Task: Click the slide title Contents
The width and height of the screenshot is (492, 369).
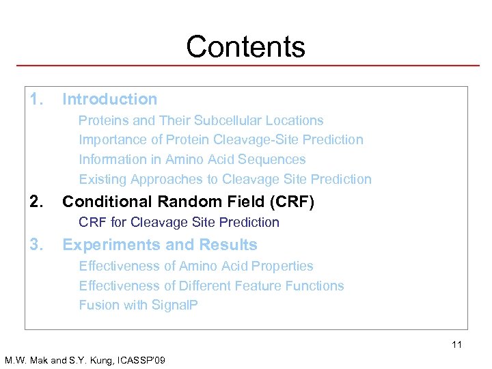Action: (245, 47)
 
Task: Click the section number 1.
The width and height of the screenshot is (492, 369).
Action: (36, 100)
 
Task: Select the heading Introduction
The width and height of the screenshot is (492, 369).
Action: (109, 100)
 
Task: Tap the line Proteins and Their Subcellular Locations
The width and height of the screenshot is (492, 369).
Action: (201, 120)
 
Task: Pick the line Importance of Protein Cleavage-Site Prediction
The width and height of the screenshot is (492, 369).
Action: (221, 140)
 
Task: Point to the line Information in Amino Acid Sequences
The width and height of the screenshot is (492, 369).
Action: (192, 159)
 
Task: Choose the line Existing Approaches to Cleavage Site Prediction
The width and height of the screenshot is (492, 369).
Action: (225, 179)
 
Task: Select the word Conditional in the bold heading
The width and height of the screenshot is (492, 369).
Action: (106, 202)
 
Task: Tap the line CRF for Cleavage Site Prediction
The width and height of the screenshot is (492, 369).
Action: (179, 222)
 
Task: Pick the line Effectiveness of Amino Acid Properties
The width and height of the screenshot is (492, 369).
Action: (195, 266)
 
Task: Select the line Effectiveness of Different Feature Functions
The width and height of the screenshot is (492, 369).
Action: (211, 286)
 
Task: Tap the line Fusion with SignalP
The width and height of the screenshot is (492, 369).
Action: (138, 305)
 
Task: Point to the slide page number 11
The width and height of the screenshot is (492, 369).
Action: (456, 344)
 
